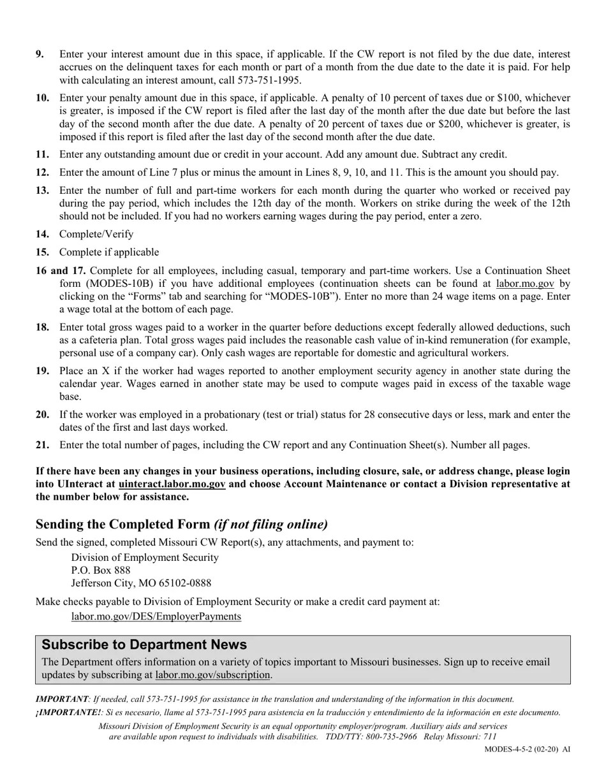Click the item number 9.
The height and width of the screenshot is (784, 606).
(40, 54)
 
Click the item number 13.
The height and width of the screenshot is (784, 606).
(42, 190)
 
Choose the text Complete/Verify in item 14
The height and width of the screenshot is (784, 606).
(96, 234)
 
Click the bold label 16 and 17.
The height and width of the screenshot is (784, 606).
(61, 270)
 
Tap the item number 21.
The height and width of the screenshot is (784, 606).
(42, 445)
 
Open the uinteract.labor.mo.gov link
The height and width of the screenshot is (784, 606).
(172, 484)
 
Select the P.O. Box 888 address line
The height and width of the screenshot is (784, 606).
(101, 570)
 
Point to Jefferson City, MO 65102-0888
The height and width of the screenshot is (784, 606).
(141, 583)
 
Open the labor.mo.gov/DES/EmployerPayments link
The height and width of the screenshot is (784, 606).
(156, 616)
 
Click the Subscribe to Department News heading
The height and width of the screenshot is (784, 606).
(144, 644)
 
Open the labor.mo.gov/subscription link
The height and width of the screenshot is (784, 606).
(212, 674)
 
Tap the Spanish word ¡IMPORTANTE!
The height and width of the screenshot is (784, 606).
(68, 713)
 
